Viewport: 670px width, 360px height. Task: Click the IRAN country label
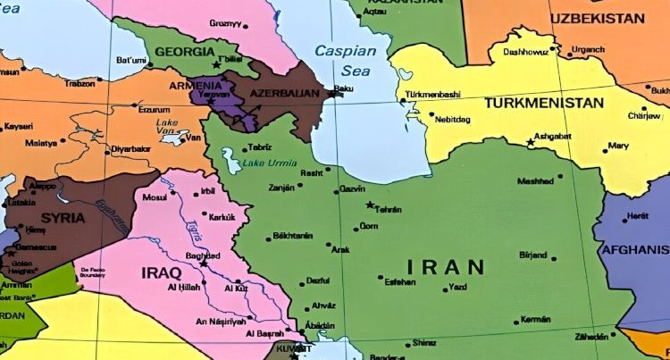[x=446, y=266]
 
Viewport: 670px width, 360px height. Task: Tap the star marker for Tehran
[x=370, y=205]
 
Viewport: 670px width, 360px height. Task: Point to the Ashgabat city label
[x=553, y=136]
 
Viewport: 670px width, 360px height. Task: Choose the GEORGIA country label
[x=186, y=52]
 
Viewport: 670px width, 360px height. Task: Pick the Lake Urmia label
[x=267, y=163]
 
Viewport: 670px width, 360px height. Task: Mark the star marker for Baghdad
[x=205, y=264]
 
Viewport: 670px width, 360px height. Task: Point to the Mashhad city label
[x=535, y=181]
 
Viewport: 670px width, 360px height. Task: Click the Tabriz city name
[x=260, y=147]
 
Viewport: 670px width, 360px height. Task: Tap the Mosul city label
[x=155, y=196]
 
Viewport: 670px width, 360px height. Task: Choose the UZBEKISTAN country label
[x=597, y=18]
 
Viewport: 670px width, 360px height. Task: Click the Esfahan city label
[x=398, y=281]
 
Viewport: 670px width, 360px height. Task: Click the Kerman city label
[x=535, y=319]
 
